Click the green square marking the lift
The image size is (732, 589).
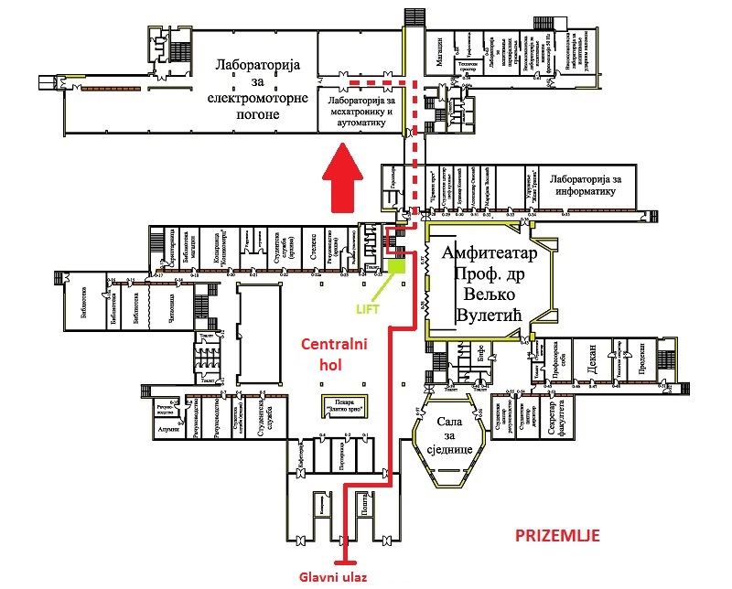(396, 266)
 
